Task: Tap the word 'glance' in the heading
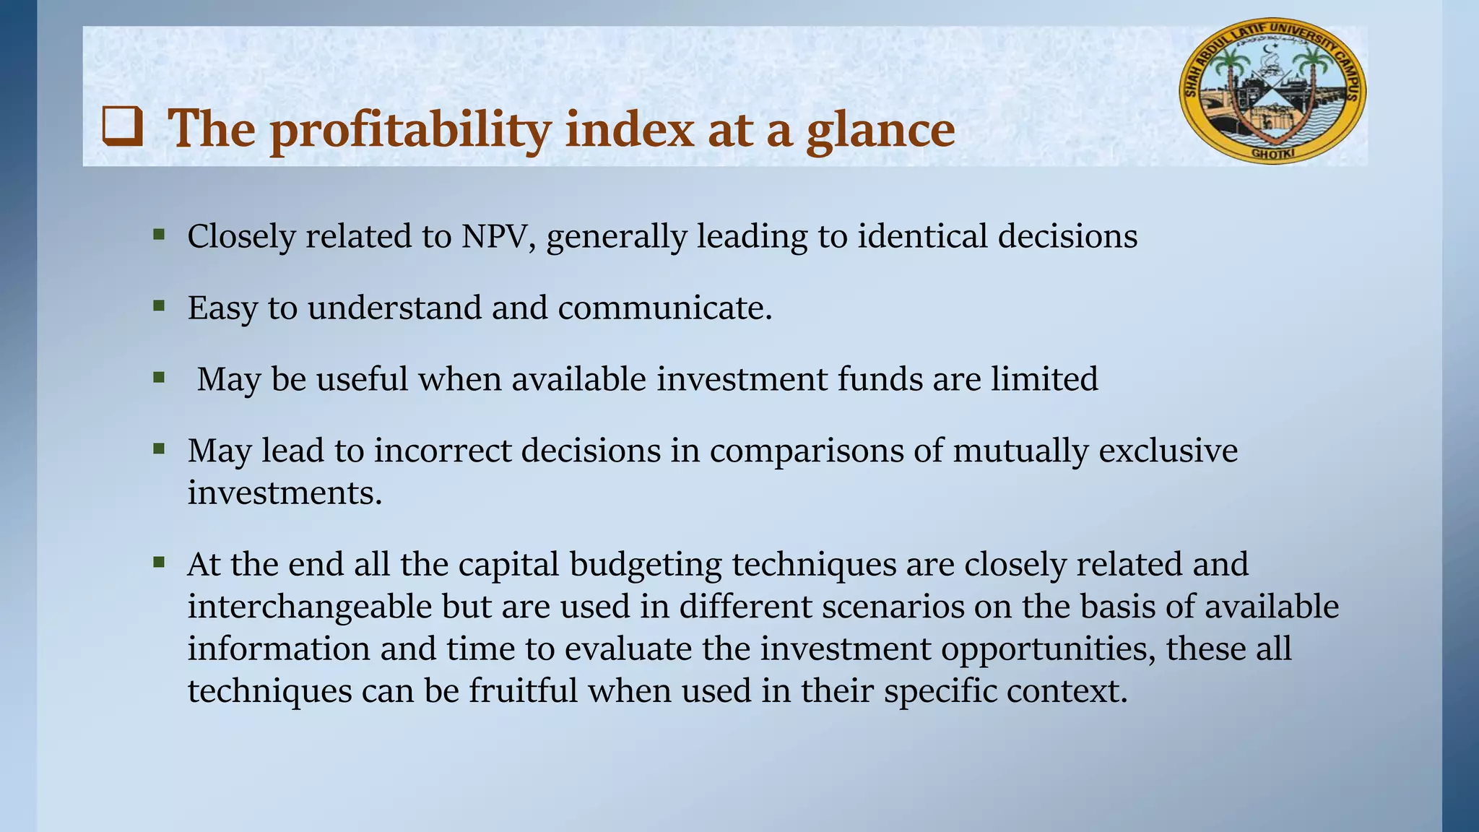click(x=880, y=130)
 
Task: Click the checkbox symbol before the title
click(x=122, y=126)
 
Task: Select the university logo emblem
click(x=1272, y=91)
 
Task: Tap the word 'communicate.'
click(x=664, y=308)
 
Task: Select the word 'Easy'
click(x=222, y=308)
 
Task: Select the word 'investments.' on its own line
click(x=285, y=493)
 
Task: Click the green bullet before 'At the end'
click(x=160, y=562)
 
